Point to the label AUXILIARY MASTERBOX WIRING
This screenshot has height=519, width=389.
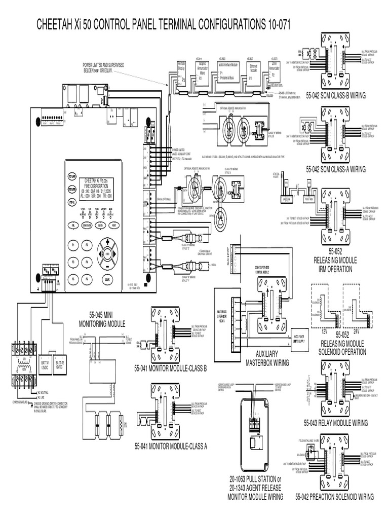267,359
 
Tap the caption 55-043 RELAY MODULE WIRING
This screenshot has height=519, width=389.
335,422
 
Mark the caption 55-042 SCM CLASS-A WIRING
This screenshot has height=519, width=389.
335,169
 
